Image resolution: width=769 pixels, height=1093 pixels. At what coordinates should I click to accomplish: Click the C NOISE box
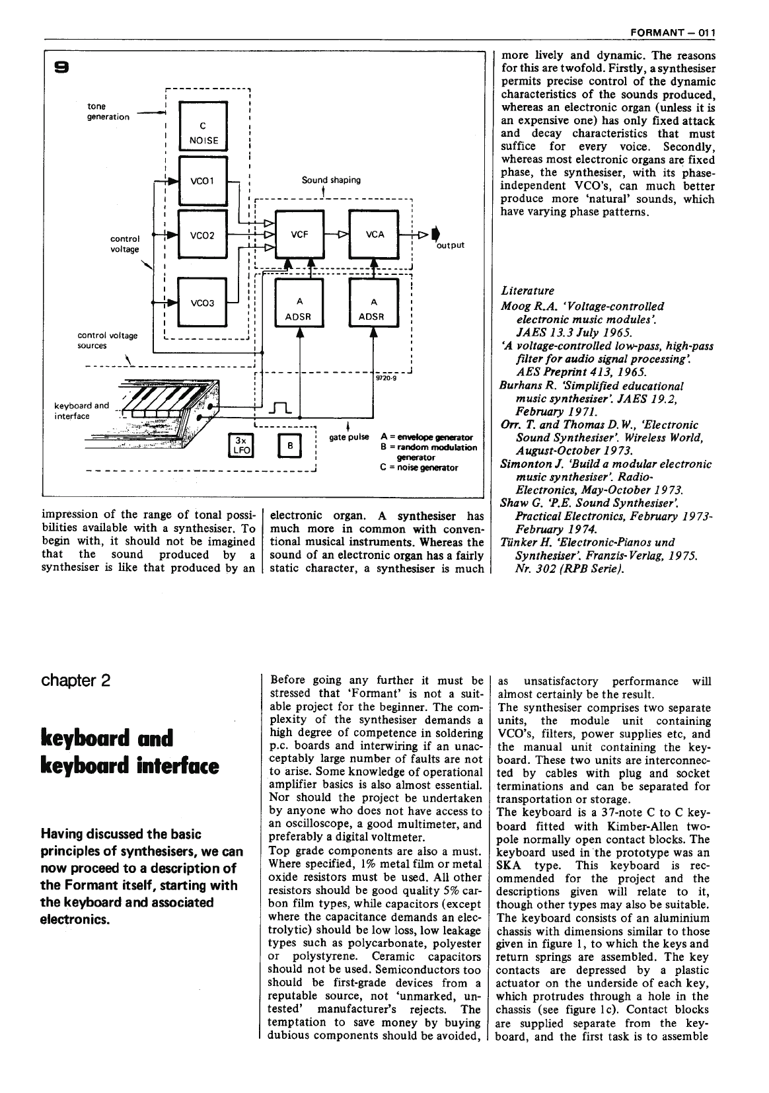click(x=203, y=127)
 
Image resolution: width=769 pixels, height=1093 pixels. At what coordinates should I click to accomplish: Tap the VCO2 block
click(x=203, y=235)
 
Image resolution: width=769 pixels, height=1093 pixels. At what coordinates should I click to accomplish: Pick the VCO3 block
click(x=203, y=303)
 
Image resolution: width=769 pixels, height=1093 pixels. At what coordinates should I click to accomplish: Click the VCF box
click(x=299, y=235)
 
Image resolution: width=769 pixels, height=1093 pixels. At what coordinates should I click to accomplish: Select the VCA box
click(x=374, y=235)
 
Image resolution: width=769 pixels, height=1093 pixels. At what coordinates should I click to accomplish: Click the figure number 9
click(x=61, y=67)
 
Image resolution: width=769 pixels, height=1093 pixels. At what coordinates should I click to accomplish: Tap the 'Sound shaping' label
click(x=331, y=180)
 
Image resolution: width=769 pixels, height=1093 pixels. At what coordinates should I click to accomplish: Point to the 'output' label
click(x=451, y=245)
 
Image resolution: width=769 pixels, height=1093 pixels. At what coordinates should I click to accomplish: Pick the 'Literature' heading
click(x=527, y=291)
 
